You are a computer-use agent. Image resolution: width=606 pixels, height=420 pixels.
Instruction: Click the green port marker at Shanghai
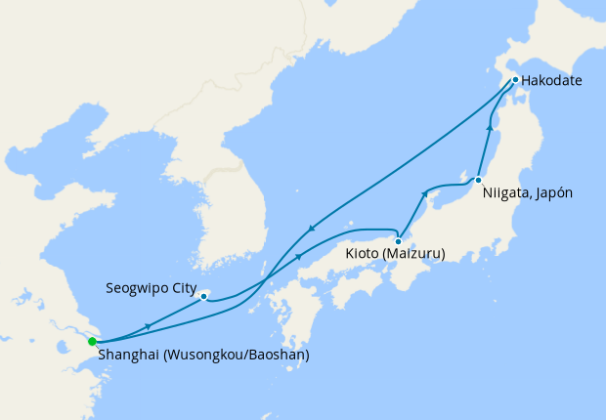[x=92, y=342]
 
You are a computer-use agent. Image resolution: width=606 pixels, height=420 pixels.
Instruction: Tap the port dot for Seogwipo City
[x=203, y=295]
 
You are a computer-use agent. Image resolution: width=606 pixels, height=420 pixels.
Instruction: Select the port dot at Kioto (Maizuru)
[x=399, y=240]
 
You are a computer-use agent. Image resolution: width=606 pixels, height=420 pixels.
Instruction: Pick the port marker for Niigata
[x=477, y=181]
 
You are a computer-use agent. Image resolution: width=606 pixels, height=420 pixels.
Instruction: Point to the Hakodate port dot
[x=514, y=80]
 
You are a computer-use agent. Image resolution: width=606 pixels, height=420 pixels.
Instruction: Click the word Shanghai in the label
[x=131, y=356]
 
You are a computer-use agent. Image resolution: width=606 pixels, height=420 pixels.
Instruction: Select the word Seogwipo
[x=136, y=289]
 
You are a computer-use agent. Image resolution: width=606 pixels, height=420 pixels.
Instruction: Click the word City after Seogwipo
[x=183, y=289]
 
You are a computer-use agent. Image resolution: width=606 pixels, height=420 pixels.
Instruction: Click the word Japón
[x=553, y=192]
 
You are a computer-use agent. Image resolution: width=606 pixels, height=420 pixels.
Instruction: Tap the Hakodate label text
[x=552, y=80]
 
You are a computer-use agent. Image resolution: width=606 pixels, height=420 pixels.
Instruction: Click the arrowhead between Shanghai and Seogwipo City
[x=147, y=325]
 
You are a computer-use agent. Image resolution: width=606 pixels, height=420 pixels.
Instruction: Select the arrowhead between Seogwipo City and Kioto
[x=298, y=256]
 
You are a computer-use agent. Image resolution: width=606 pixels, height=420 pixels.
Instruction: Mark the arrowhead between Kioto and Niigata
[x=424, y=194]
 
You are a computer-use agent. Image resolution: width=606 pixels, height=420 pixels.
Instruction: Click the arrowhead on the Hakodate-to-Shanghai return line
[x=311, y=230]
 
